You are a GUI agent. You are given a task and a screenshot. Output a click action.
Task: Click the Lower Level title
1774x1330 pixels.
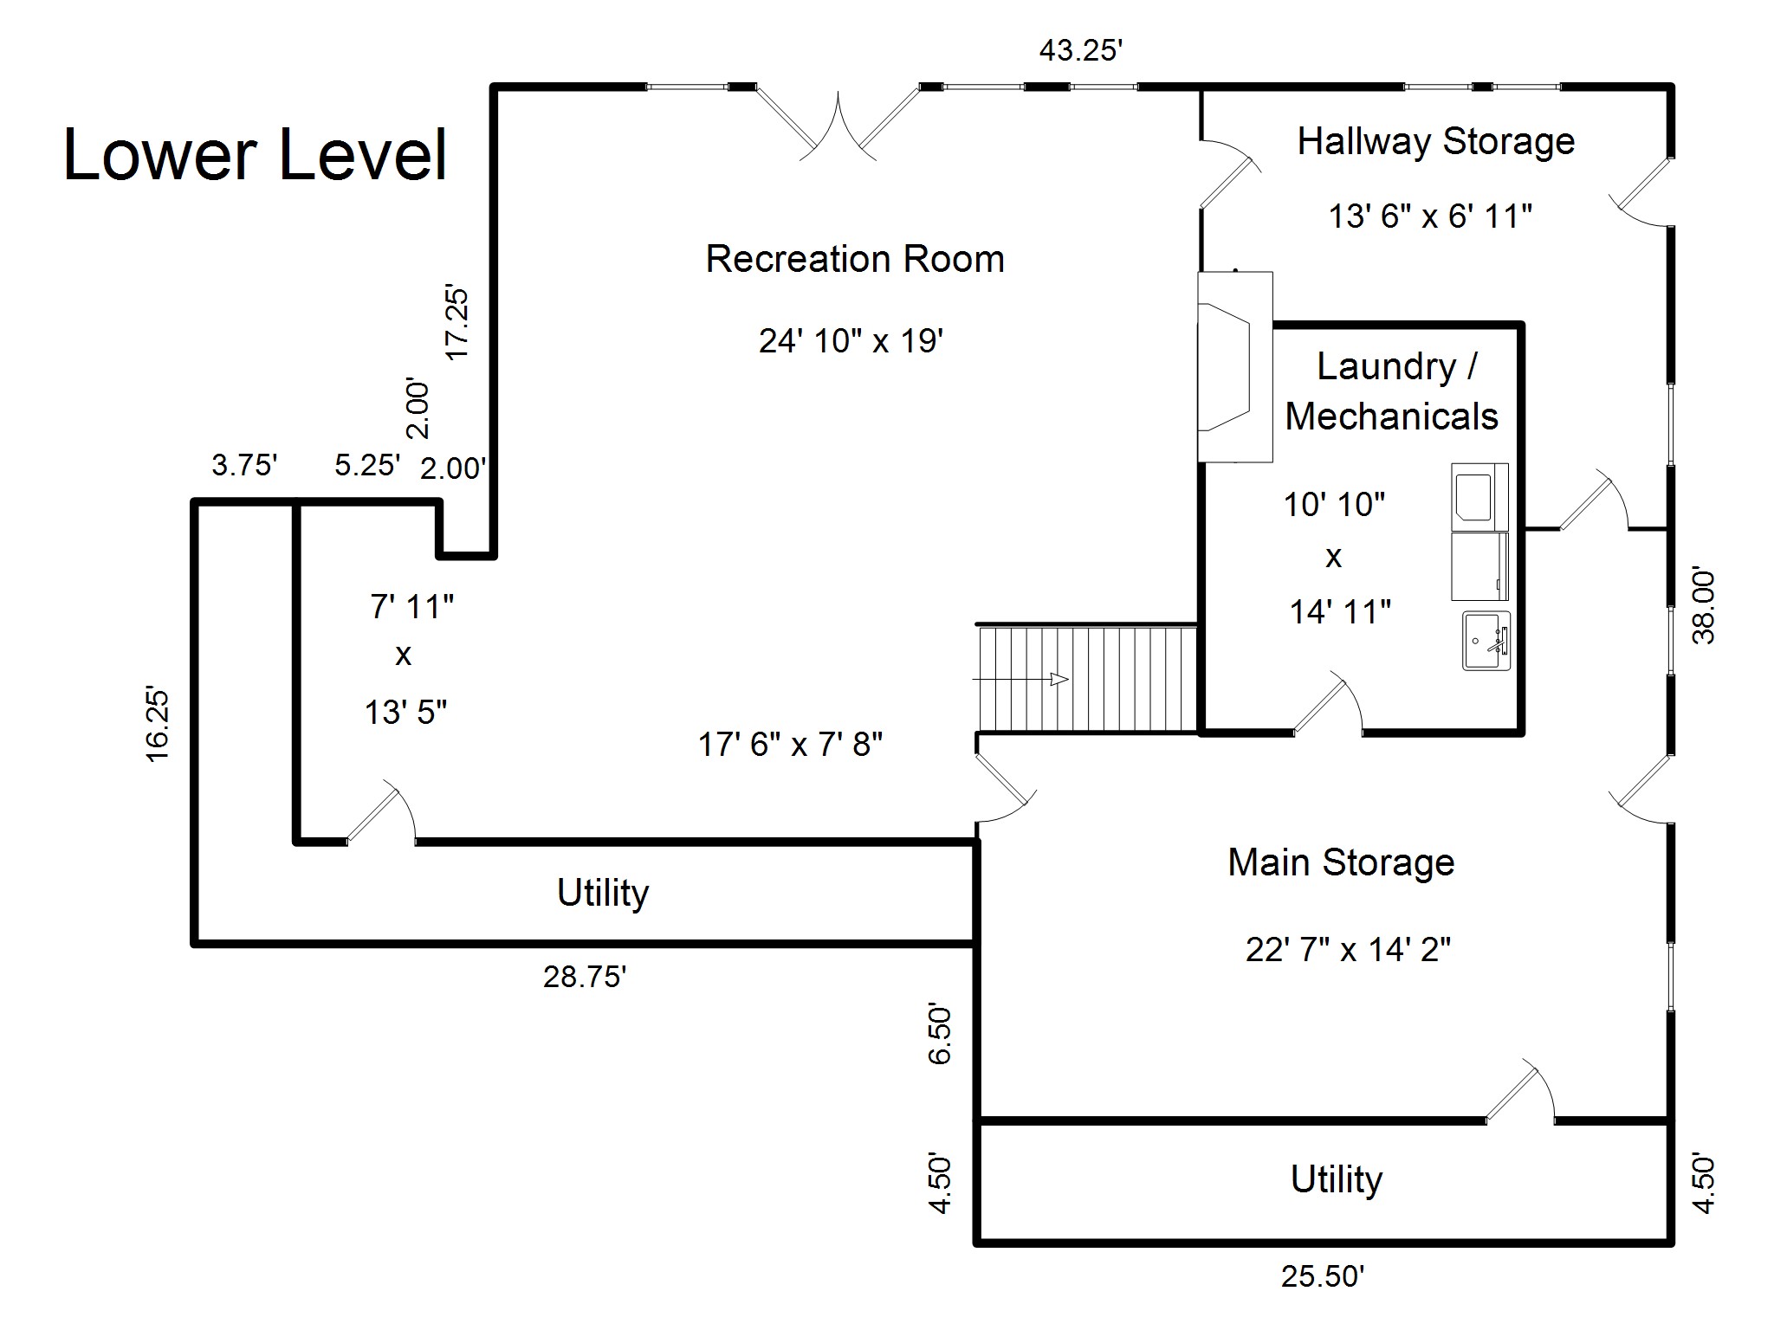[256, 155]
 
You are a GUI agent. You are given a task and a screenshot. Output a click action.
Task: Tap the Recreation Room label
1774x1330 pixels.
[855, 259]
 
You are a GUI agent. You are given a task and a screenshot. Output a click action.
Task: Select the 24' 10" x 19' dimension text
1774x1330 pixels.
[851, 340]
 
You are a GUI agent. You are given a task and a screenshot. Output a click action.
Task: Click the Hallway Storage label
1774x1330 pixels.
[1435, 141]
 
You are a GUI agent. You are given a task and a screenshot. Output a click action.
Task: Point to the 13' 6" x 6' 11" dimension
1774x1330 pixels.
[1430, 216]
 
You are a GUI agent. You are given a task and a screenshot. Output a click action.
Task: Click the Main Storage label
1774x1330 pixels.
[1341, 862]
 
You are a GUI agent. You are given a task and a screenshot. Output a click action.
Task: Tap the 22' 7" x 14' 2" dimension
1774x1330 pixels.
[1348, 950]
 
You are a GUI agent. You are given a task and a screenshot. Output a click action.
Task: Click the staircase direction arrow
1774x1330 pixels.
[1058, 679]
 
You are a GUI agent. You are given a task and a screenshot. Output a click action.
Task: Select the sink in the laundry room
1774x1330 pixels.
[1486, 641]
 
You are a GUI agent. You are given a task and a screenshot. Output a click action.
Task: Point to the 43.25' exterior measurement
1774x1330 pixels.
[1081, 51]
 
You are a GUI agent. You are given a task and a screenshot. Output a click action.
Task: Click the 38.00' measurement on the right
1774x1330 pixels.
[1703, 606]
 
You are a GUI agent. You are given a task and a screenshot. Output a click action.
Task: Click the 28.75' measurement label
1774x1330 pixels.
[585, 977]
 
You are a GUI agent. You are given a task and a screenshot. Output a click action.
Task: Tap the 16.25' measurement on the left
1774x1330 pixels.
[157, 724]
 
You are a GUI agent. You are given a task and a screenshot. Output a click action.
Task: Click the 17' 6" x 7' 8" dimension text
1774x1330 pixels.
[790, 744]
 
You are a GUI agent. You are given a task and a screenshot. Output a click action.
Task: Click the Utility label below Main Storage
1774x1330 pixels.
[1337, 1180]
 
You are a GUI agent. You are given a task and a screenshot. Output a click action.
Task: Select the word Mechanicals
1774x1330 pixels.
[1391, 416]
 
